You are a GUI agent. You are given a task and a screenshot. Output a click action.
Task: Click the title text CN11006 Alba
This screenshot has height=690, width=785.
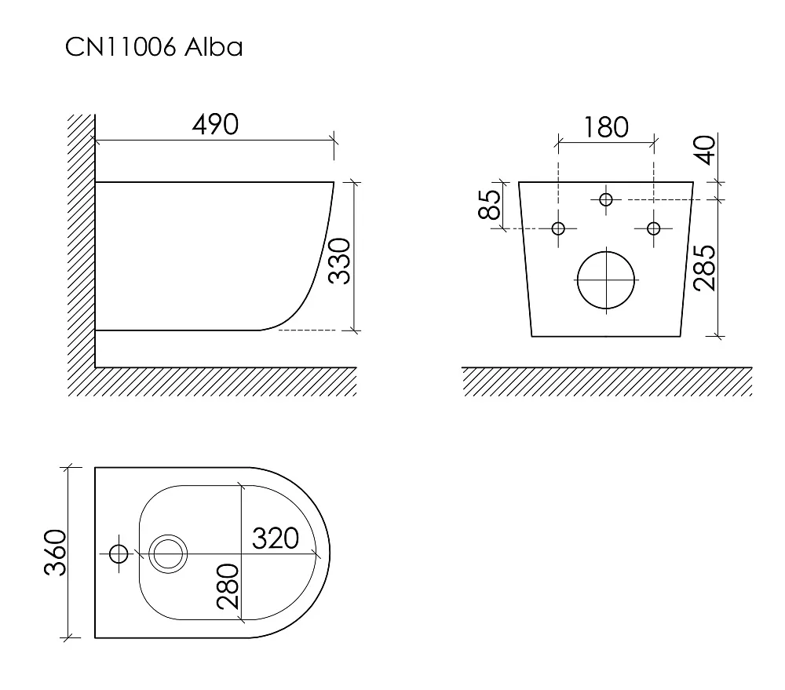tap(154, 47)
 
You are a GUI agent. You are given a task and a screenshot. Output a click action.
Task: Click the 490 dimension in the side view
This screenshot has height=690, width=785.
tap(215, 124)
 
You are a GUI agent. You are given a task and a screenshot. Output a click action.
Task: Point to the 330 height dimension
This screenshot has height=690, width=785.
tap(339, 261)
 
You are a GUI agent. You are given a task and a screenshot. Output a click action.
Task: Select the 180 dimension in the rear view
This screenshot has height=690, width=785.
tap(606, 127)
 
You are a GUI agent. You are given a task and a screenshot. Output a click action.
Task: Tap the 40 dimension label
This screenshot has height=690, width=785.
tap(706, 150)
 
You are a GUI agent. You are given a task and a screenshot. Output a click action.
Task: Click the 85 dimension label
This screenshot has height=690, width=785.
tap(490, 205)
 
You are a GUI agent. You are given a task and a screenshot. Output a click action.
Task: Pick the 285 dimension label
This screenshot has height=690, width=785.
tap(705, 268)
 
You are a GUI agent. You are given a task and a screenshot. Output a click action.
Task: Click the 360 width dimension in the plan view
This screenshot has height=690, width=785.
tap(56, 553)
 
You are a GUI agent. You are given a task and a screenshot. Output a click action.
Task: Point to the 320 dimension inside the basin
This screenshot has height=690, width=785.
tap(276, 538)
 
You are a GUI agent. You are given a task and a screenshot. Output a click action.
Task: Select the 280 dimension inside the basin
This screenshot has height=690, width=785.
tap(228, 586)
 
